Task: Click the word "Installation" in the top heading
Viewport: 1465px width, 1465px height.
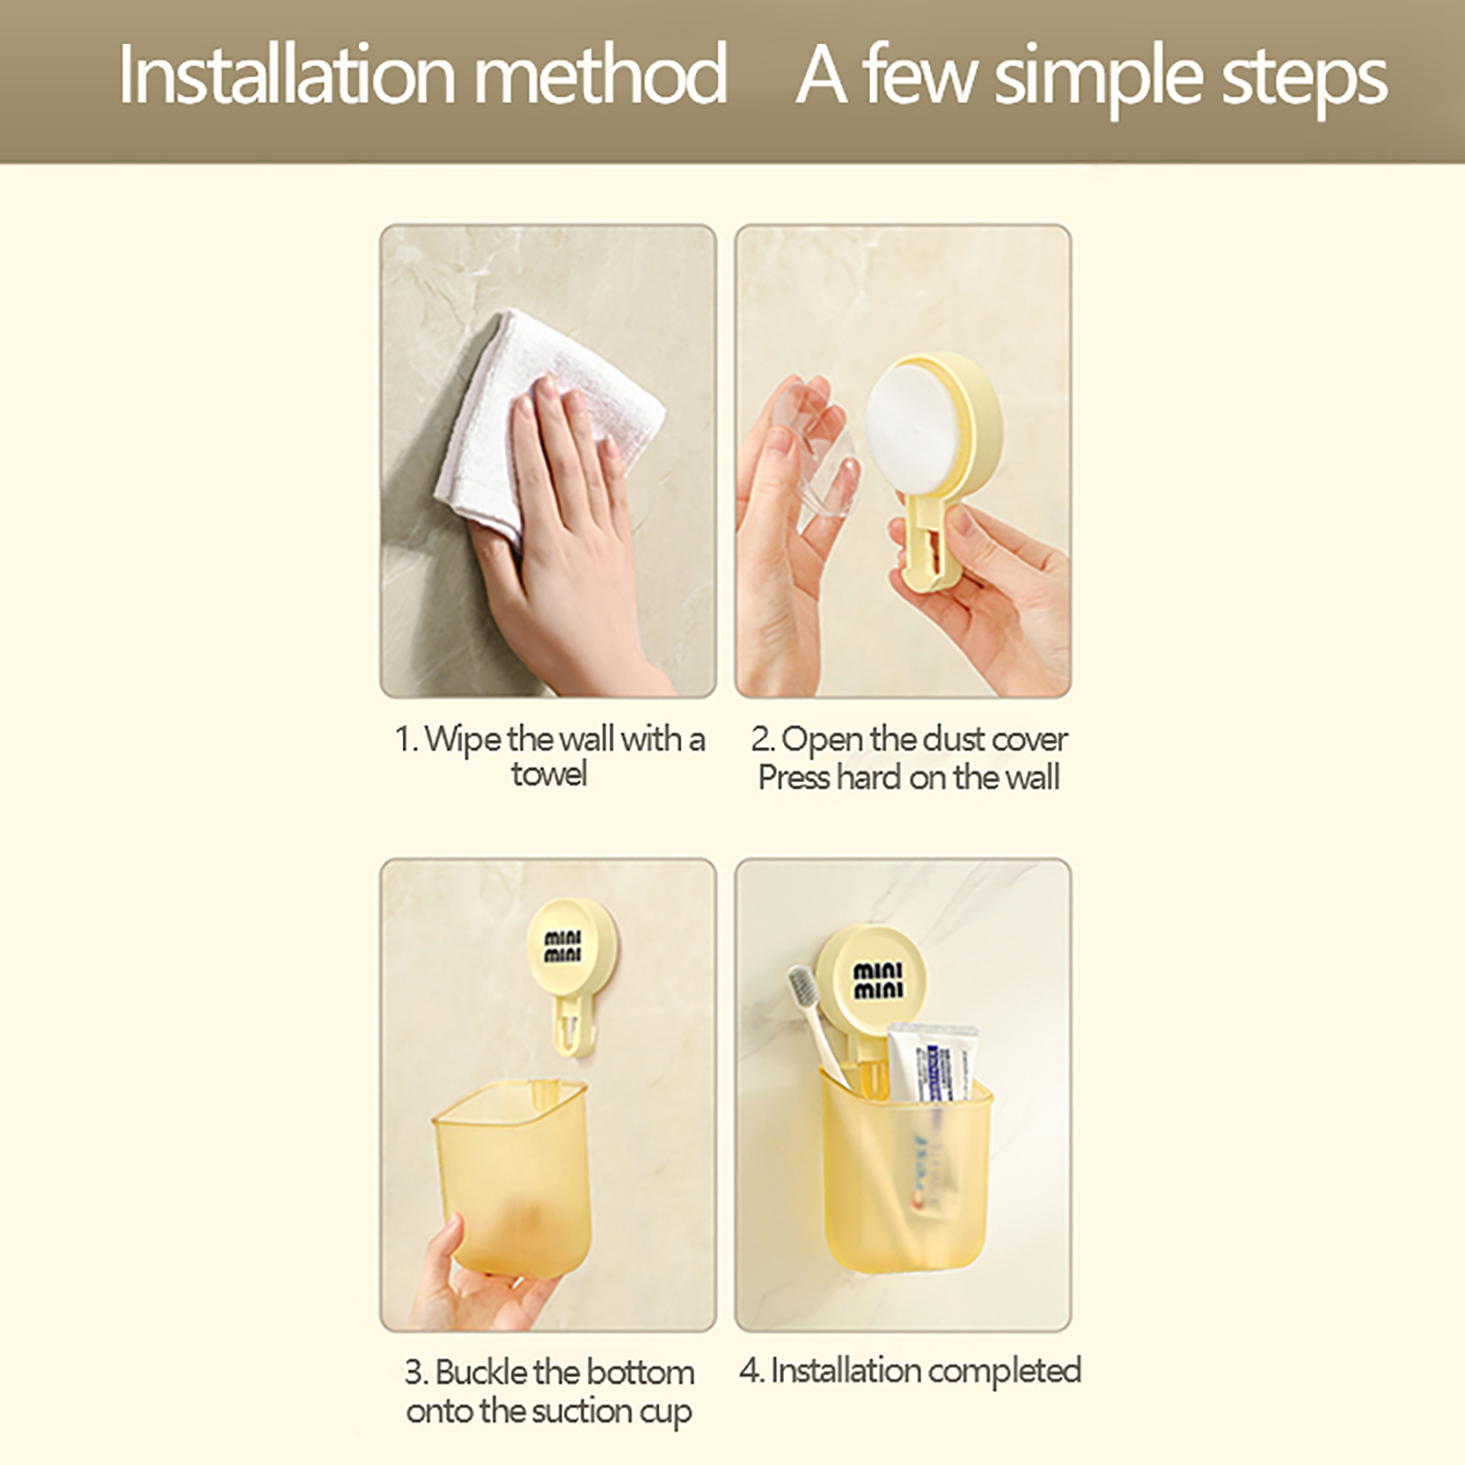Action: [287, 74]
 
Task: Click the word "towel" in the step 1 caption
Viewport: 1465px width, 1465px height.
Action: [548, 775]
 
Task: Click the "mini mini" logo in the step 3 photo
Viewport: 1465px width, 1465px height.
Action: [563, 947]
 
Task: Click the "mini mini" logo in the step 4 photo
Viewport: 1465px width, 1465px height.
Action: [878, 980]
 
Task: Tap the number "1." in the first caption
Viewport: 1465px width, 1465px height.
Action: [406, 739]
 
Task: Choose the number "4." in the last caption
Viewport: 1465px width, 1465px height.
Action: [752, 1371]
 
